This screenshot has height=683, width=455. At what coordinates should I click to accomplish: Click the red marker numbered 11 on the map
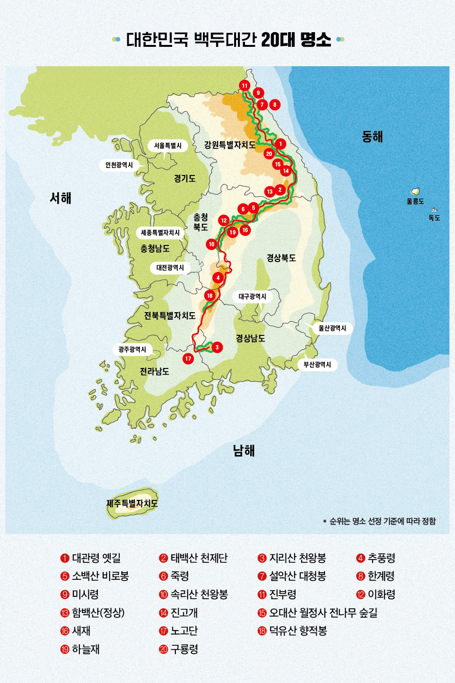pos(244,86)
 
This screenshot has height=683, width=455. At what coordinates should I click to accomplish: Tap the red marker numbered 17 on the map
pos(188,359)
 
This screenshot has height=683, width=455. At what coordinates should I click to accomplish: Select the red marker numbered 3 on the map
pos(217,347)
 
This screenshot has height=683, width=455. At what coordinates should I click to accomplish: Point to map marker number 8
pos(274,105)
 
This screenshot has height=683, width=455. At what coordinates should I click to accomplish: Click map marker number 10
pos(211,244)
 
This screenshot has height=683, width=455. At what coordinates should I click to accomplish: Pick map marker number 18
pos(210,296)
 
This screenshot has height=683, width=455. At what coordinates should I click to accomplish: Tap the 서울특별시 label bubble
pos(168,146)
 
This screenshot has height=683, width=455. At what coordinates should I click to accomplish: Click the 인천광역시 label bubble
pos(119,165)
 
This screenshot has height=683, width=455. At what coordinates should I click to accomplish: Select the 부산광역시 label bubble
pos(317,365)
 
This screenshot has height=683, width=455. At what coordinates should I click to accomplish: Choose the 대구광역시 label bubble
pos(253,297)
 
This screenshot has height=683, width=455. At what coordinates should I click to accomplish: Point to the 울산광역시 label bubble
pos(332,328)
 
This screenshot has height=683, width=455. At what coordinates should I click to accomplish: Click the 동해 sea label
pos(372,137)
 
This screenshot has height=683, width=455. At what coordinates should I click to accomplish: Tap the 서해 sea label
pos(61,198)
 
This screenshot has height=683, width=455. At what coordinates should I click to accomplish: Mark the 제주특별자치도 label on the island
pos(132,503)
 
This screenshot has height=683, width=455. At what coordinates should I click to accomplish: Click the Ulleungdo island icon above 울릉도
pos(415,191)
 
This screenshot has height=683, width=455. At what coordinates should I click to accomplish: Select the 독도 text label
pos(434,218)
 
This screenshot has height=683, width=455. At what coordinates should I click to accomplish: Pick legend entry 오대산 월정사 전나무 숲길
pos(323,613)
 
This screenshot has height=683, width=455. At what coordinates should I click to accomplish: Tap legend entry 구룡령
pos(184,649)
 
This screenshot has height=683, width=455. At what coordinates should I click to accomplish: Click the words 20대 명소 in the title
pos(296,40)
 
